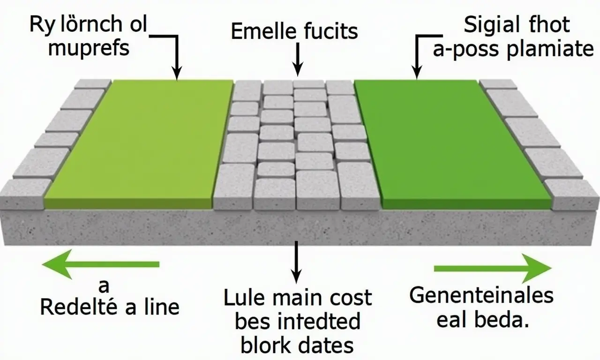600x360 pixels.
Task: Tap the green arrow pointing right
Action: tap(492, 268)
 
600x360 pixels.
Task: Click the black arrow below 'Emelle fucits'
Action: tap(297, 59)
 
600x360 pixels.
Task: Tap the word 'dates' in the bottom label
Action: tap(328, 345)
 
